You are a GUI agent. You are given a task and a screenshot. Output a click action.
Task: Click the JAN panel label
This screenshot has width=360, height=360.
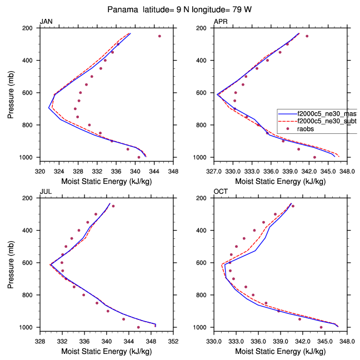tap(46, 22)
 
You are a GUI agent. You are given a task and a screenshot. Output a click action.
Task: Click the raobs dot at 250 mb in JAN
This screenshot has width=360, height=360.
tap(159, 36)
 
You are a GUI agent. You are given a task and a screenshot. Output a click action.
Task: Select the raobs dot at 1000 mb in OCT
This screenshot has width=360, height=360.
tap(321, 327)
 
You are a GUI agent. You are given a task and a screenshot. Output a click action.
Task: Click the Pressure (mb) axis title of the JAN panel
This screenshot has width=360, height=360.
tap(12, 93)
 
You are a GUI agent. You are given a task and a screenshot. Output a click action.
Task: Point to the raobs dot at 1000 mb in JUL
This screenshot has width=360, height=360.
tap(138, 327)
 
